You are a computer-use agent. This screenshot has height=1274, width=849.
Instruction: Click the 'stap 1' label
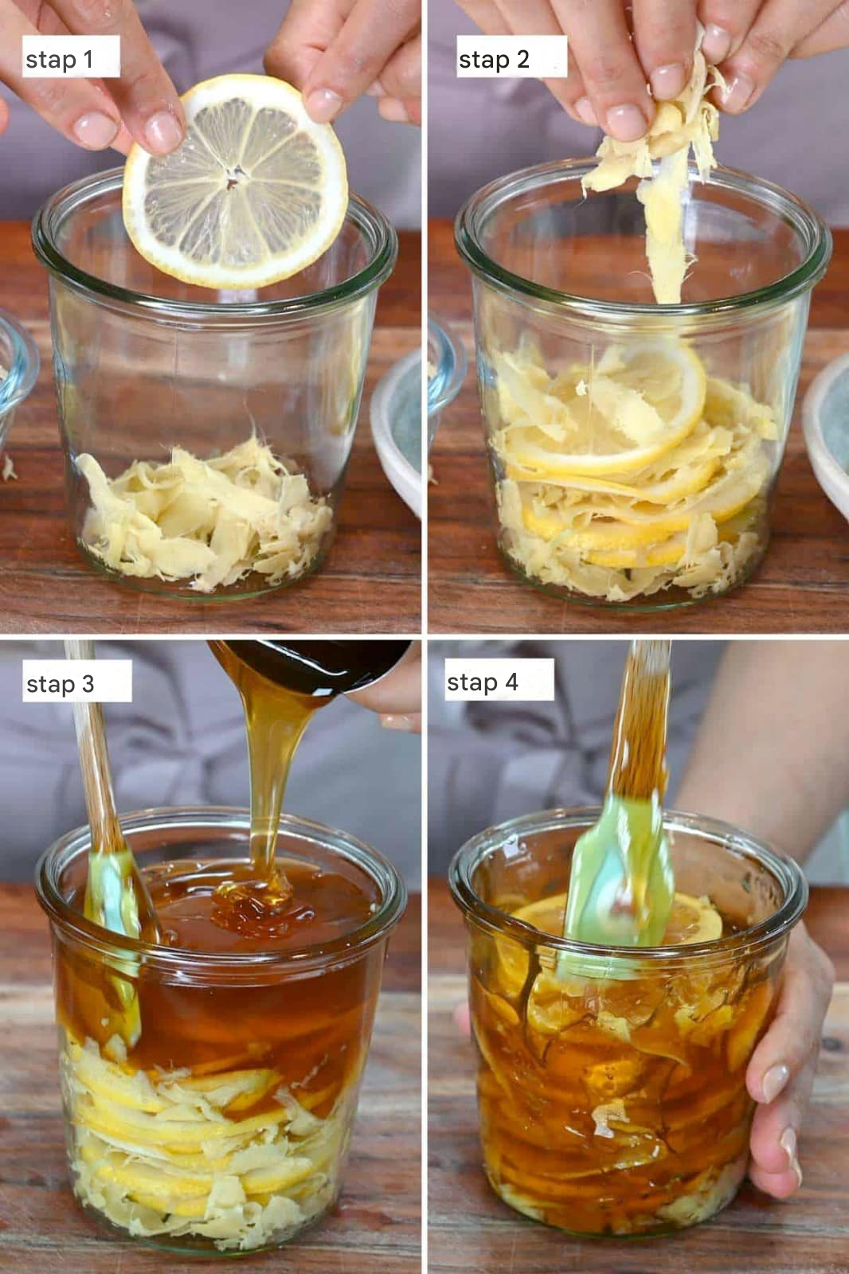[59, 60]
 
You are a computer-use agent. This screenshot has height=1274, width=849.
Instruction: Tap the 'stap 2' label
[494, 60]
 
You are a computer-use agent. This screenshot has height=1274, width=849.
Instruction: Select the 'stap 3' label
[61, 684]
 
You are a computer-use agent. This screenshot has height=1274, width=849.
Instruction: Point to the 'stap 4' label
[482, 682]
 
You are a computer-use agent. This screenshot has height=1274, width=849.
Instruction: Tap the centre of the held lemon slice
[233, 181]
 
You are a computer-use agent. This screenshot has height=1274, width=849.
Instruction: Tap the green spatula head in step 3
[114, 932]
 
